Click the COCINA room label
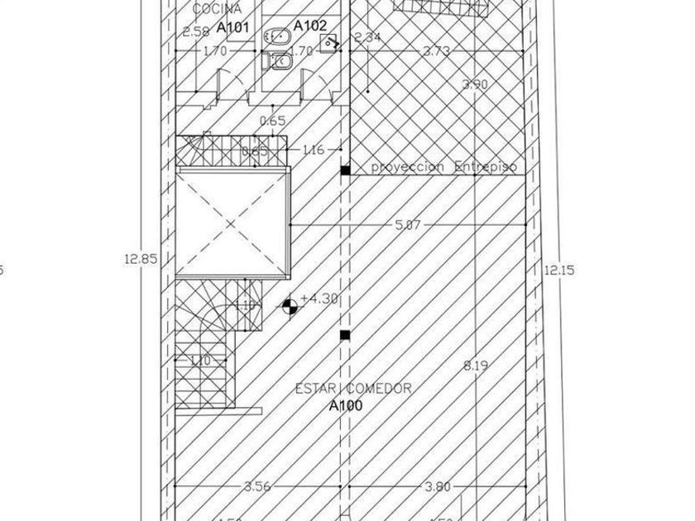click(218, 9)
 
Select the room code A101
click(233, 27)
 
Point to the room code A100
click(345, 405)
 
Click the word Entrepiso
click(486, 167)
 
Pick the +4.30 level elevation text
click(320, 299)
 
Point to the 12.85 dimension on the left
click(141, 258)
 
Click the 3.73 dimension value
click(436, 51)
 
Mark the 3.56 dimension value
click(257, 486)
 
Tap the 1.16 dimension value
click(314, 150)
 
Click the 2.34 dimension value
click(367, 37)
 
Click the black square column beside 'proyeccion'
click(345, 170)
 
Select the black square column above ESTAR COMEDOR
click(345, 335)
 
